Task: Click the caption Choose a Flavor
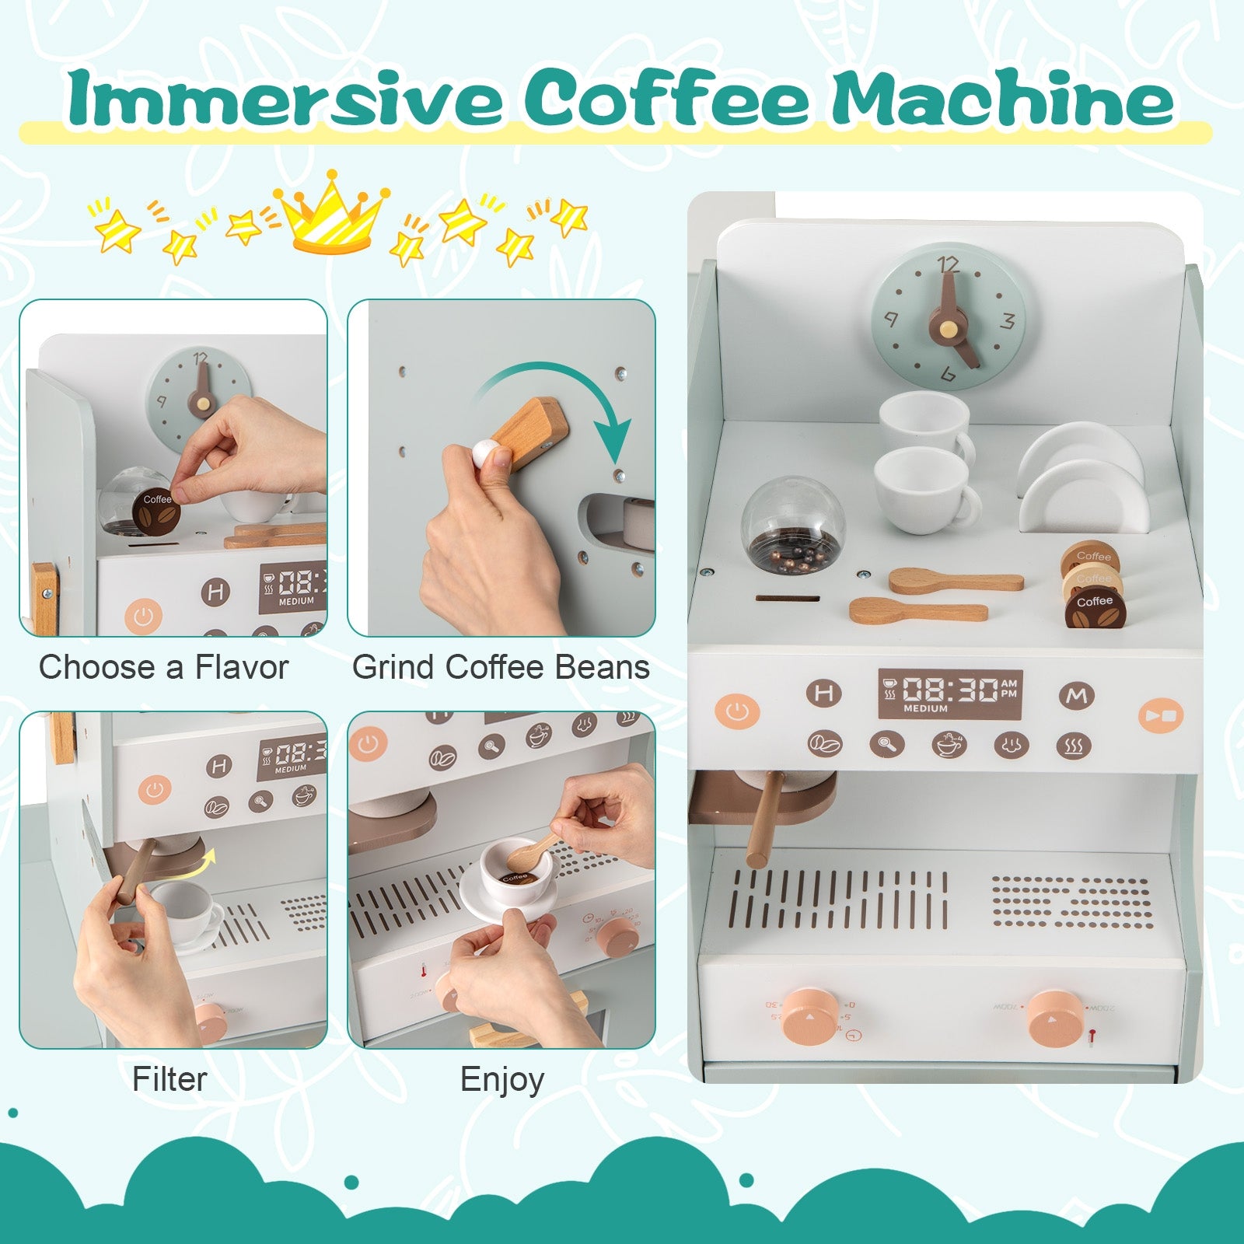coord(164,667)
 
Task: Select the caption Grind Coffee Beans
coord(501,667)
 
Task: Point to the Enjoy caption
coord(501,1079)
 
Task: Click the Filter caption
coord(169,1079)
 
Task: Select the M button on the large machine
coord(1077,695)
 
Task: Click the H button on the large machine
coord(824,693)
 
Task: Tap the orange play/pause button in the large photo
coord(1161,715)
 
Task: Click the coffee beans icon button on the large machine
coord(824,744)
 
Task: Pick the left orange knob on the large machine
coord(809,1016)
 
